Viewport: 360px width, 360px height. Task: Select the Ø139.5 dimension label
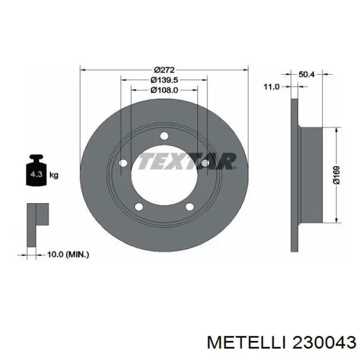coord(164,80)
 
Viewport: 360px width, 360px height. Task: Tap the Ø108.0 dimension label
coord(164,90)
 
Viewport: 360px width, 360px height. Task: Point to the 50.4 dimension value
coord(307,75)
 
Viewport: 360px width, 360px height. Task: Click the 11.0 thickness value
coord(271,87)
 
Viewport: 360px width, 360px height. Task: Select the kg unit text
coord(54,175)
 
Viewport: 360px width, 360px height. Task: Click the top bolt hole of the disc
coord(164,136)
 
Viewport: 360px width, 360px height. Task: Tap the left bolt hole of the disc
coord(123,164)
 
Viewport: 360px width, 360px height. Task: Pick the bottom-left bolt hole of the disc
coord(138,207)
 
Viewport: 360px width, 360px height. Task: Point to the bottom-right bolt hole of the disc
coord(189,207)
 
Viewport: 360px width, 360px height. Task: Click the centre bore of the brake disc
coord(164,177)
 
